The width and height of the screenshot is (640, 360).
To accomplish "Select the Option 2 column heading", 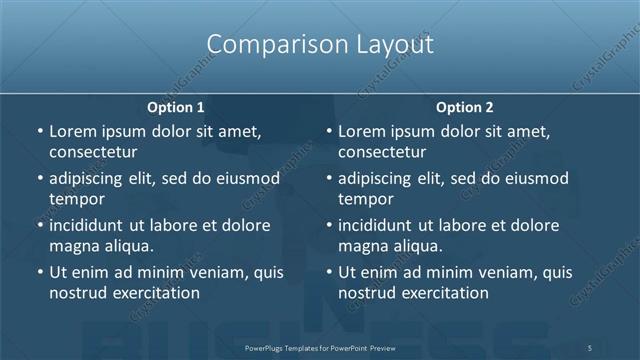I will [x=464, y=107].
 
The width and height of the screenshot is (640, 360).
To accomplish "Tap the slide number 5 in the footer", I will [x=590, y=347].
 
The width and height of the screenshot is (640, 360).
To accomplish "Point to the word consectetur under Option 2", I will [x=382, y=152].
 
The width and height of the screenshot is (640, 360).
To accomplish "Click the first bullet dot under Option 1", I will [x=39, y=131].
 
